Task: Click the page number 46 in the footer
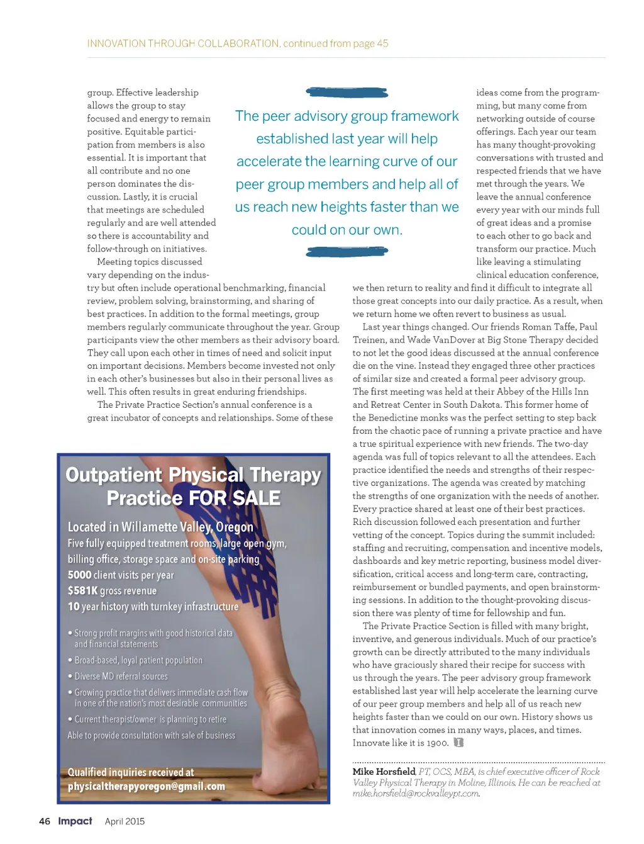click(45, 821)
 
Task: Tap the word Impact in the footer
click(75, 821)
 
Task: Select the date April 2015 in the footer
click(125, 821)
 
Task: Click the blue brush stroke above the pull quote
click(347, 93)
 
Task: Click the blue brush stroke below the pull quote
click(347, 252)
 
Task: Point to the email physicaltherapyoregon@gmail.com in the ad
click(146, 787)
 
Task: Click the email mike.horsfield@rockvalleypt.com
click(416, 794)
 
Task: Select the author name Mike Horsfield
click(384, 772)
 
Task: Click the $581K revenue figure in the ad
click(82, 590)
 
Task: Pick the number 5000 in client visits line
click(79, 575)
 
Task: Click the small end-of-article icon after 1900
click(458, 743)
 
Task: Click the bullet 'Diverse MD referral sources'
click(121, 677)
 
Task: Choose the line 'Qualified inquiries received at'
click(131, 772)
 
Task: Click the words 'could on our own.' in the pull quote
click(347, 230)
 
